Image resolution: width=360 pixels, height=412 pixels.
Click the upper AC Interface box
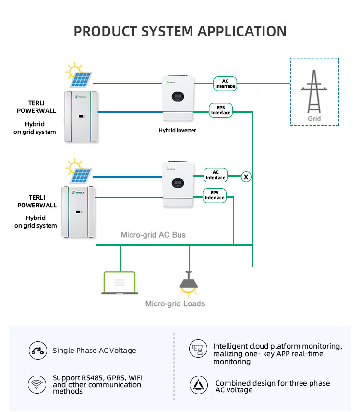click(225, 84)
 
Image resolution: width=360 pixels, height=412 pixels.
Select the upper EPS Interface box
click(221, 110)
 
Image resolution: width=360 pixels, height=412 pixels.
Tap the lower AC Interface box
click(216, 175)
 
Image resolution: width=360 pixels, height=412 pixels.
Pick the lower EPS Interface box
click(215, 195)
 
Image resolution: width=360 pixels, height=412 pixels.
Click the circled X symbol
click(246, 177)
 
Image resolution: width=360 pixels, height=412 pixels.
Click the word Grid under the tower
click(314, 118)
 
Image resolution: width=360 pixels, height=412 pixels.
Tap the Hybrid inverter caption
click(177, 130)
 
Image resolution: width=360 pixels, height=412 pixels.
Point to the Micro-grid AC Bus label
click(153, 235)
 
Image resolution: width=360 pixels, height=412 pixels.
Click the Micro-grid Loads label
click(175, 303)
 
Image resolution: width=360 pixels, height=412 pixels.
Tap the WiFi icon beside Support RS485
click(36, 384)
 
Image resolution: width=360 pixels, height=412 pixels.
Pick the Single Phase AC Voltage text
click(94, 351)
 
